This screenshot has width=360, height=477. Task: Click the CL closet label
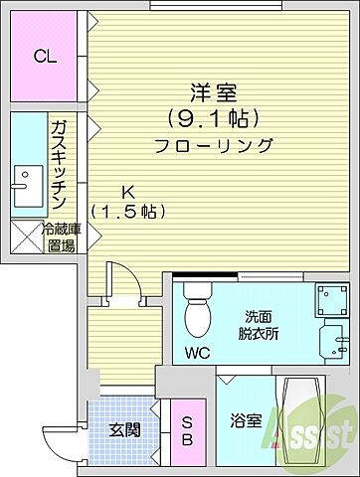(45, 57)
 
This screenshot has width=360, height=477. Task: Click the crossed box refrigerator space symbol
(23, 237)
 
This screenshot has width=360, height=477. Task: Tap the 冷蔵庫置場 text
(60, 237)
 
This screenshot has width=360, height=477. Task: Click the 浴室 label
(247, 420)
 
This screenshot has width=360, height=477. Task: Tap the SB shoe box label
(186, 432)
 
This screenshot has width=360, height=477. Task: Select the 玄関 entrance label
(123, 429)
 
